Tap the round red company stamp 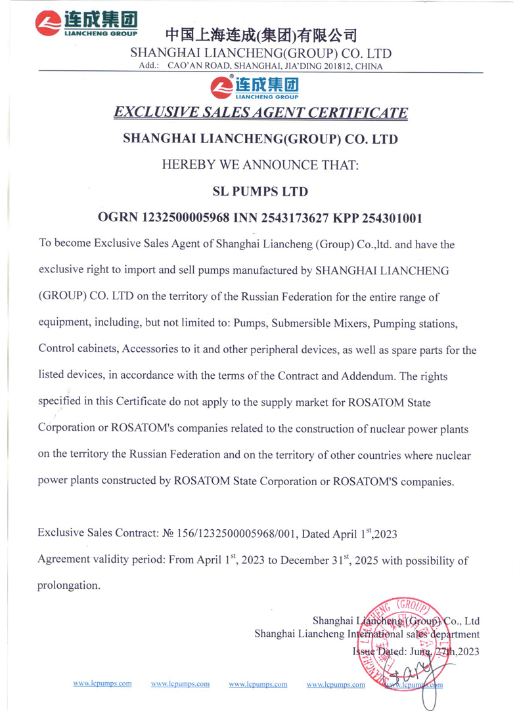pos(392,647)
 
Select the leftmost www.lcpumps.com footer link pos(102,683)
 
